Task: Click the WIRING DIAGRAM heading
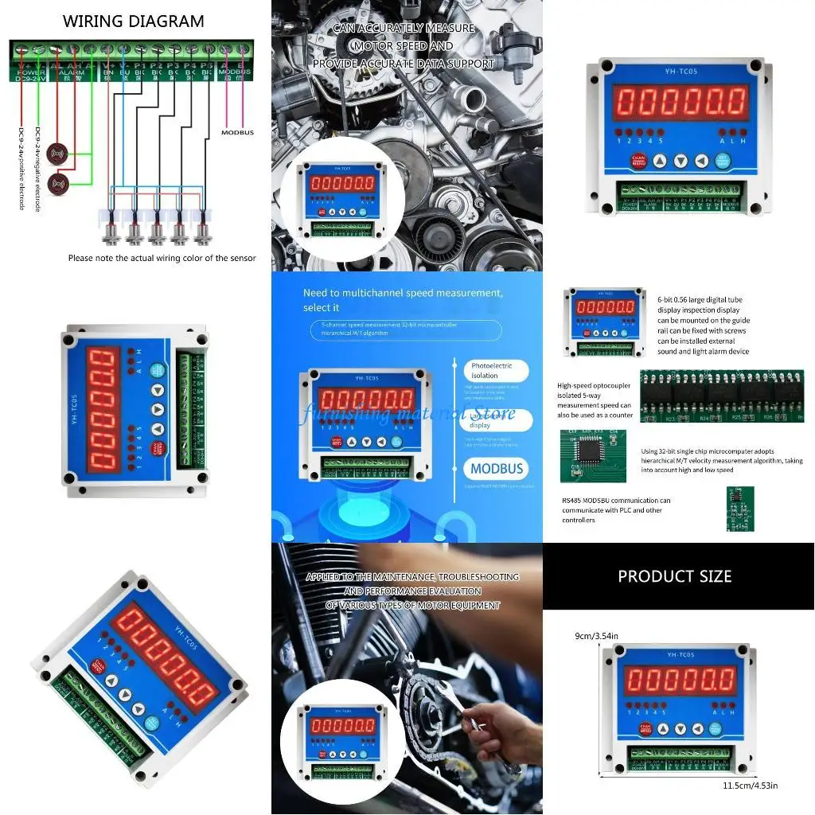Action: (133, 21)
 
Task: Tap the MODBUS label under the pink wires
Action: (237, 132)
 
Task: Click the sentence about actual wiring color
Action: (162, 258)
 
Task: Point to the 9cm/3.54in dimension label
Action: (596, 636)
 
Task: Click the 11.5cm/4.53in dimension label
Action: (751, 786)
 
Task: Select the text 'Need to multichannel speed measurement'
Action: (403, 293)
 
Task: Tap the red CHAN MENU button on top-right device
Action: (638, 161)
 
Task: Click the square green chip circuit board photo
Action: (593, 456)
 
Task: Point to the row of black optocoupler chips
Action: (721, 396)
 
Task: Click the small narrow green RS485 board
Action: (740, 509)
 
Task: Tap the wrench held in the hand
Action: (478, 724)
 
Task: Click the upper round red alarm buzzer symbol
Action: (57, 152)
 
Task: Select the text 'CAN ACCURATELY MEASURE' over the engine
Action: (404, 28)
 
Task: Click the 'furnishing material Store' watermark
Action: (407, 414)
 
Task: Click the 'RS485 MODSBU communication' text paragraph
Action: (616, 510)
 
